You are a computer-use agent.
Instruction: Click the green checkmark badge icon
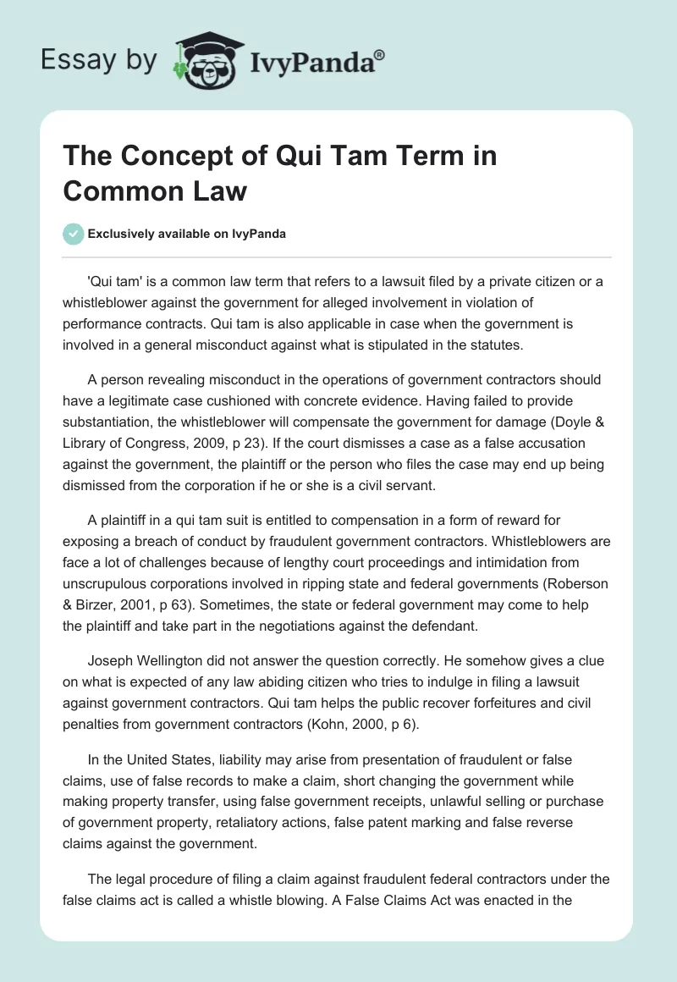click(74, 234)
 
